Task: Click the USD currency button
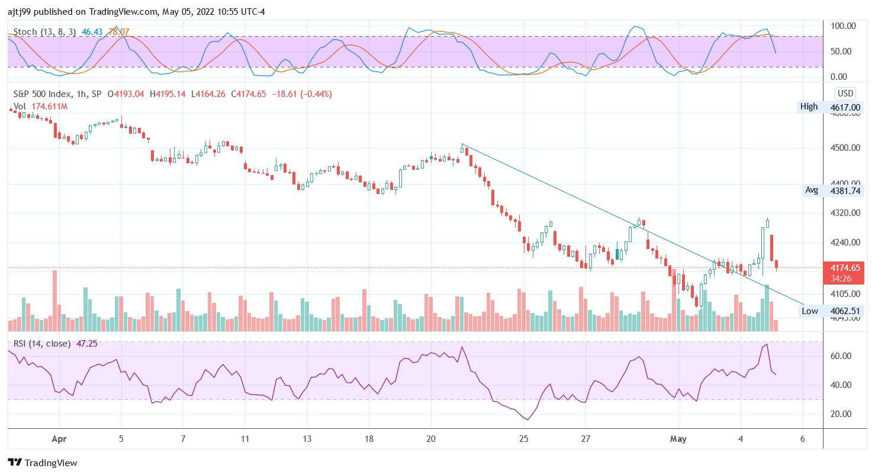coord(845,93)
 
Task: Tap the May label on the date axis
coord(678,439)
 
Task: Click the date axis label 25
coord(523,439)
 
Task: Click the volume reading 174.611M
coord(49,106)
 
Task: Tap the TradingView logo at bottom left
coord(43,463)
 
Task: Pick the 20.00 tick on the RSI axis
coord(841,414)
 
